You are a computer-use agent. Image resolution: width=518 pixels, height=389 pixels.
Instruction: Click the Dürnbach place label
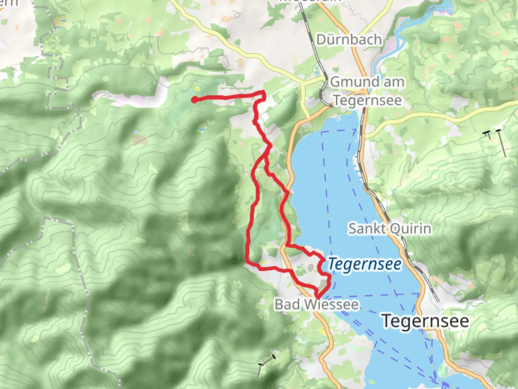pyautogui.click(x=349, y=39)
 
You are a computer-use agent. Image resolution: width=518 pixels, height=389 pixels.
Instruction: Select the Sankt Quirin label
pyautogui.click(x=390, y=228)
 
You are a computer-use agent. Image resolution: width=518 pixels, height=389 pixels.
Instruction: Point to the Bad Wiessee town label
pyautogui.click(x=317, y=304)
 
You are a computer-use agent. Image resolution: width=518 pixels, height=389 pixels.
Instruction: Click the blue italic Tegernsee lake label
pyautogui.click(x=364, y=264)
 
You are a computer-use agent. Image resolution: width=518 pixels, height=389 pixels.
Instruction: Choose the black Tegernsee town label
pyautogui.click(x=425, y=321)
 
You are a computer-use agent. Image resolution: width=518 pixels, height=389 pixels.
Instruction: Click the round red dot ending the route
pyautogui.click(x=194, y=100)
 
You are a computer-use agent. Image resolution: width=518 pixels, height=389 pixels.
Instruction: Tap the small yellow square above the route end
pyautogui.click(x=197, y=89)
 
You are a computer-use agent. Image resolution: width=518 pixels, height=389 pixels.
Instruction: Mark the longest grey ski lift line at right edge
pyautogui.click(x=502, y=143)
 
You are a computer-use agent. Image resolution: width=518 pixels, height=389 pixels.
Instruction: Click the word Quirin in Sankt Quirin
pyautogui.click(x=410, y=228)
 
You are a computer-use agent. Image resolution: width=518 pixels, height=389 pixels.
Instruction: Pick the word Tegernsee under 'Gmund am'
pyautogui.click(x=367, y=100)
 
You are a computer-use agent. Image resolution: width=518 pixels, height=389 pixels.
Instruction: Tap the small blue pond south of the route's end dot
pyautogui.click(x=202, y=129)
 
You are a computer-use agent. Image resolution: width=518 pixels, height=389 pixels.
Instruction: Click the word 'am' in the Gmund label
pyautogui.click(x=394, y=82)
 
